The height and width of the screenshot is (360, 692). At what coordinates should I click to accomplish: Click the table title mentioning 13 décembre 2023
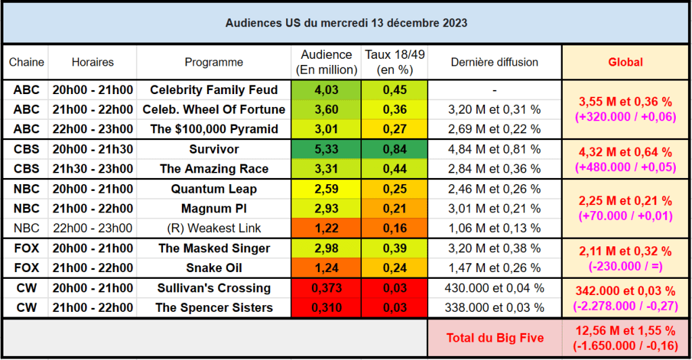tap(346, 23)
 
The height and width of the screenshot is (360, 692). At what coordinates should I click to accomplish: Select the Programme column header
tap(214, 62)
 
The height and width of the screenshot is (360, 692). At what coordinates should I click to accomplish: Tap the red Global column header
tap(626, 62)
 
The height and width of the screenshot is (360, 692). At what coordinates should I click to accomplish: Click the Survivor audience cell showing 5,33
tap(326, 149)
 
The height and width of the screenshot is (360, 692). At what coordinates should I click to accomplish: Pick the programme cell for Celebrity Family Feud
tap(214, 90)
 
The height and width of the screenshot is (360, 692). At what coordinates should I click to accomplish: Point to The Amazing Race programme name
tap(214, 169)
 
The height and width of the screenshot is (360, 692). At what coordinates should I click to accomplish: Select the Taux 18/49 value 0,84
tap(394, 149)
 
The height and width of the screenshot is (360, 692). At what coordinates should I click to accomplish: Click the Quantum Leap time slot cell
tap(93, 189)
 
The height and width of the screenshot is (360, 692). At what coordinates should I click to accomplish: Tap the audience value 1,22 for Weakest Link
tap(326, 228)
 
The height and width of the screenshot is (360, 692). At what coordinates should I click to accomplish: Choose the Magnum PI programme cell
tap(214, 208)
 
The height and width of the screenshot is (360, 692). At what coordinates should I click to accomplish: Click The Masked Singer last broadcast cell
tap(494, 248)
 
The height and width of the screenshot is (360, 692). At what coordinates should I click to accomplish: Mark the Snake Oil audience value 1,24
tap(326, 268)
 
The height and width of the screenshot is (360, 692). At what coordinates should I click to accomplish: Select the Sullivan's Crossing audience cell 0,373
tap(326, 288)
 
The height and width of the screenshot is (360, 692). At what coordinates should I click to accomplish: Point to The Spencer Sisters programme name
tap(214, 308)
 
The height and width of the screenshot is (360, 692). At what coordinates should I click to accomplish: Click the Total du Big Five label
tap(494, 338)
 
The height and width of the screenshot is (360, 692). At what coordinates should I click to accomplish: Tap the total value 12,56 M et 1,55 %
tap(626, 331)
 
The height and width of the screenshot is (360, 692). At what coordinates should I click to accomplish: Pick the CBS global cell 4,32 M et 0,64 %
tap(626, 152)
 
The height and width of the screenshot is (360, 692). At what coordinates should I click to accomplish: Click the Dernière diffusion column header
tap(494, 62)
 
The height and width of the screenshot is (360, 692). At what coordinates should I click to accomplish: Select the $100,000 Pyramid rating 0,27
tap(394, 129)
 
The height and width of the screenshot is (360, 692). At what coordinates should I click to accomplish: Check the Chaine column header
tap(26, 62)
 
